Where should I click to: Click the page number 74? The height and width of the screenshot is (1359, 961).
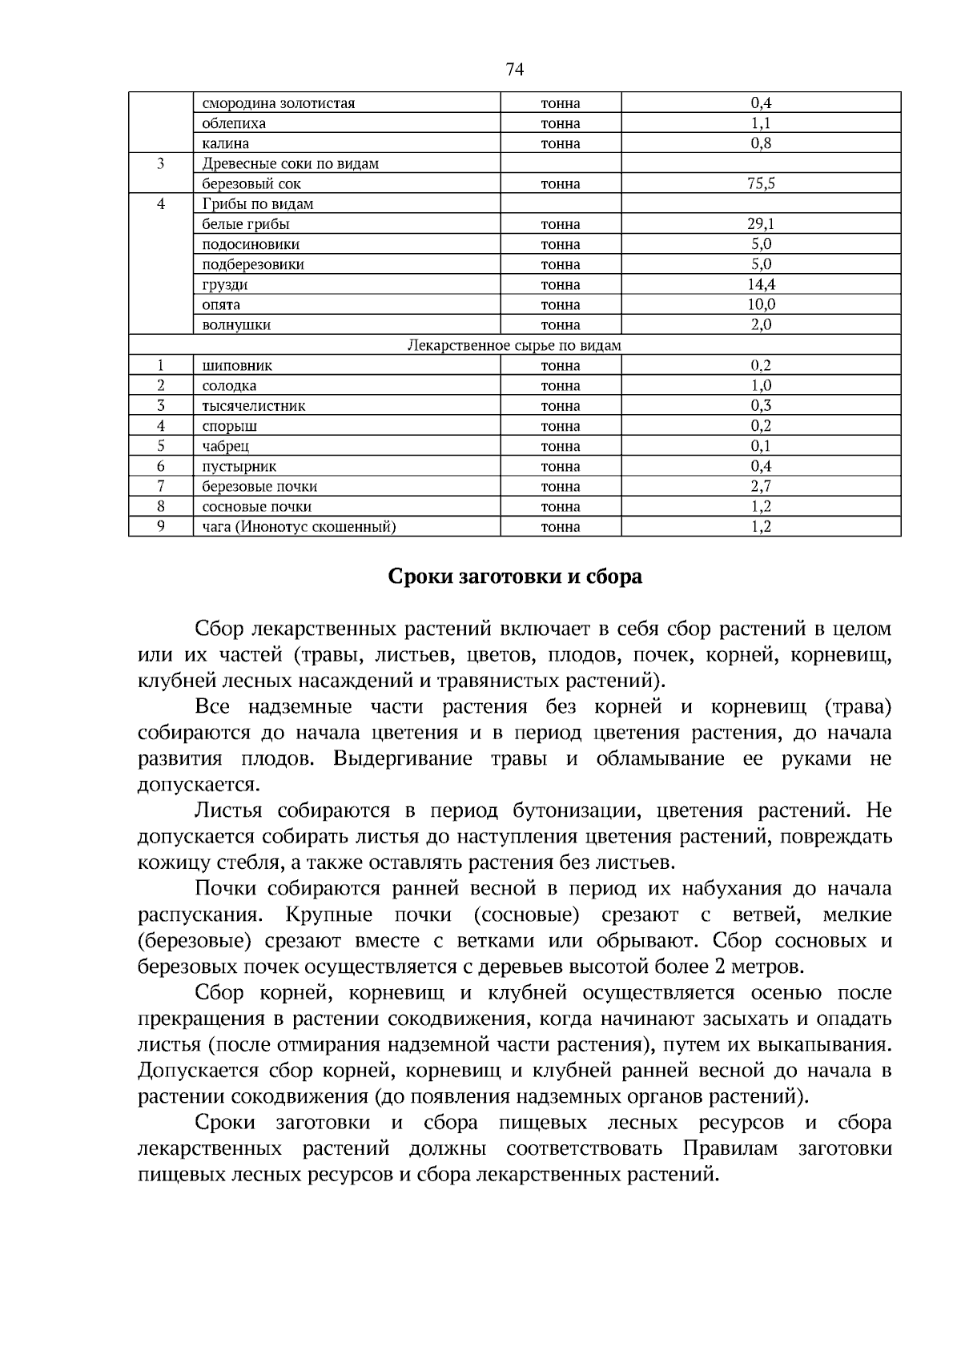[514, 70]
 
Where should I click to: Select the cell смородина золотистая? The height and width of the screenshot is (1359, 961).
[278, 103]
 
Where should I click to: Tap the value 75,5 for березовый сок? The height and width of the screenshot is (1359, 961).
[761, 183]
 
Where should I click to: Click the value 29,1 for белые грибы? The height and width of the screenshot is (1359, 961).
[761, 224]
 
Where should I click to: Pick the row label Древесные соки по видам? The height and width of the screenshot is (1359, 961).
[290, 163]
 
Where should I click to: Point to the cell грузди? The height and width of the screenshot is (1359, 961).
[225, 284]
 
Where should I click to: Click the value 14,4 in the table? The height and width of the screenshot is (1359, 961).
[761, 284]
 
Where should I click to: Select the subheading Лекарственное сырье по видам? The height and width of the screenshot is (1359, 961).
[514, 345]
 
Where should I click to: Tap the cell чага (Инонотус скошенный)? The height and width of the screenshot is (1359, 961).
[299, 527]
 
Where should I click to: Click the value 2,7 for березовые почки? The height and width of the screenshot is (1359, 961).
[761, 486]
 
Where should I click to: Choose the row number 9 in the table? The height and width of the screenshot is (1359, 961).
[161, 526]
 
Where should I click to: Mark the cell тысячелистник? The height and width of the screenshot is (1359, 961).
[253, 406]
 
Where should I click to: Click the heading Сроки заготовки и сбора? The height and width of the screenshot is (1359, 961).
[515, 577]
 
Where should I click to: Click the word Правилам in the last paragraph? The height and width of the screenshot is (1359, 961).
[730, 1148]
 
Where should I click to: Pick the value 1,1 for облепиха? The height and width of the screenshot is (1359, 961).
[761, 123]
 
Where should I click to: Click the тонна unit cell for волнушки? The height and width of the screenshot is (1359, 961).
[561, 325]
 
